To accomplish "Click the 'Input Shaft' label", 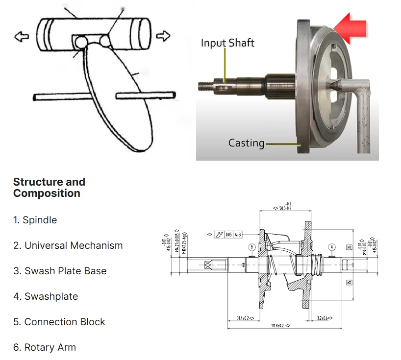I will (227, 43).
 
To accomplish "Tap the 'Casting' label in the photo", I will (246, 143).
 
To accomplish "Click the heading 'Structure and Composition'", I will (49, 188).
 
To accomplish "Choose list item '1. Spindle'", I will (35, 220).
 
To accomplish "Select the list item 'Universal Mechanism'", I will (68, 245).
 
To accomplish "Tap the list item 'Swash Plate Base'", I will (59, 271).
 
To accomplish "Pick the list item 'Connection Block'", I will (59, 322).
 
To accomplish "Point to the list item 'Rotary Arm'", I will (44, 347).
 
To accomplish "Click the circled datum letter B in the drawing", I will (251, 247).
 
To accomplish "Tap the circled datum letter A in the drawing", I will (332, 247).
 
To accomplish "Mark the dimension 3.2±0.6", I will (325, 318).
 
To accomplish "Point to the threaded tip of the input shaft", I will (204, 84).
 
